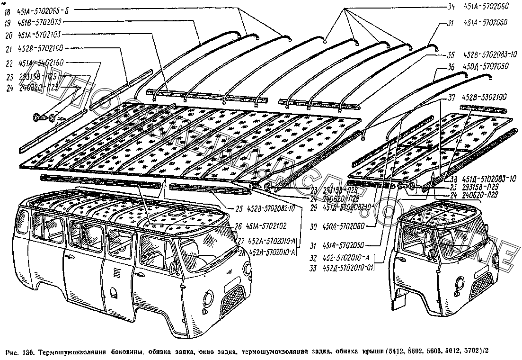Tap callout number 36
tap(451, 67)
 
